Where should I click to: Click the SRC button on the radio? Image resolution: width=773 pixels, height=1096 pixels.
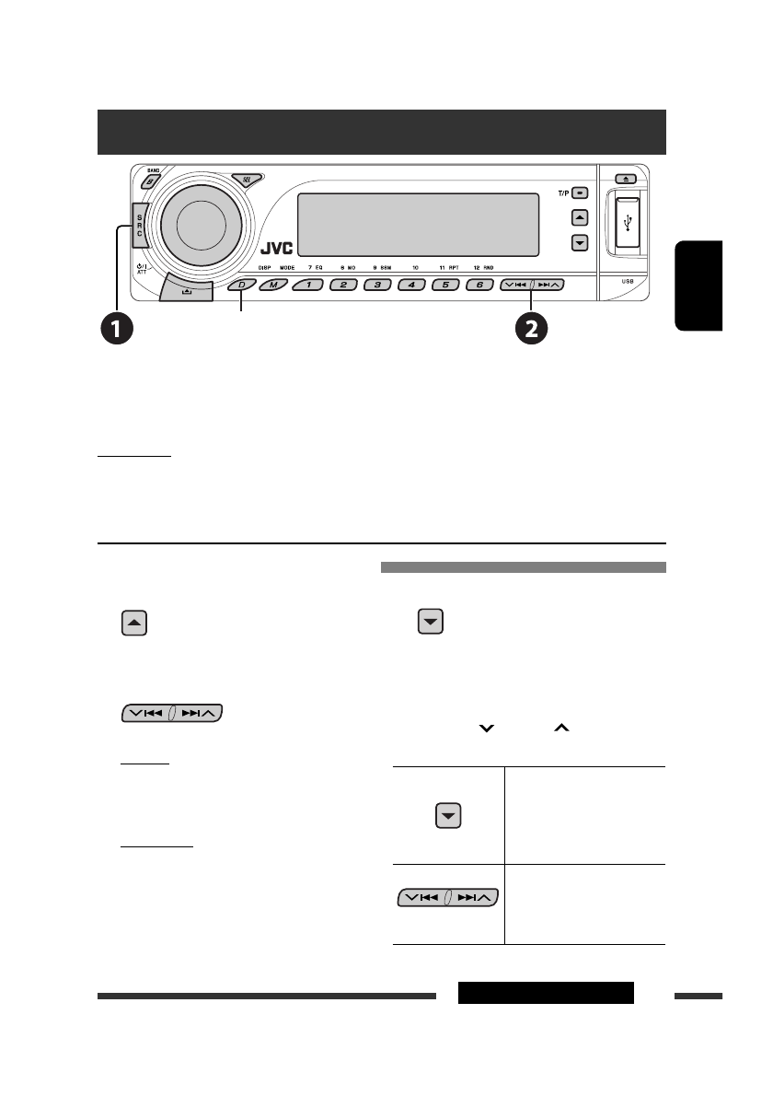(140, 222)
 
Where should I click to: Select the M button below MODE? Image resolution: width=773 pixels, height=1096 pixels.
(272, 286)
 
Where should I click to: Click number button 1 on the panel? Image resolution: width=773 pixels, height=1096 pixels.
(309, 286)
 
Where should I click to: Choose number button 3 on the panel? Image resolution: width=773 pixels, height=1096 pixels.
(377, 286)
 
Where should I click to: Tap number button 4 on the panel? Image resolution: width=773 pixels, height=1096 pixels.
(411, 286)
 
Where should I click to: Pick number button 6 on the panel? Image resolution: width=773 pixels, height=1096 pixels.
(479, 286)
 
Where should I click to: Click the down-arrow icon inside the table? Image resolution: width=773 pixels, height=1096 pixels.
(448, 816)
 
